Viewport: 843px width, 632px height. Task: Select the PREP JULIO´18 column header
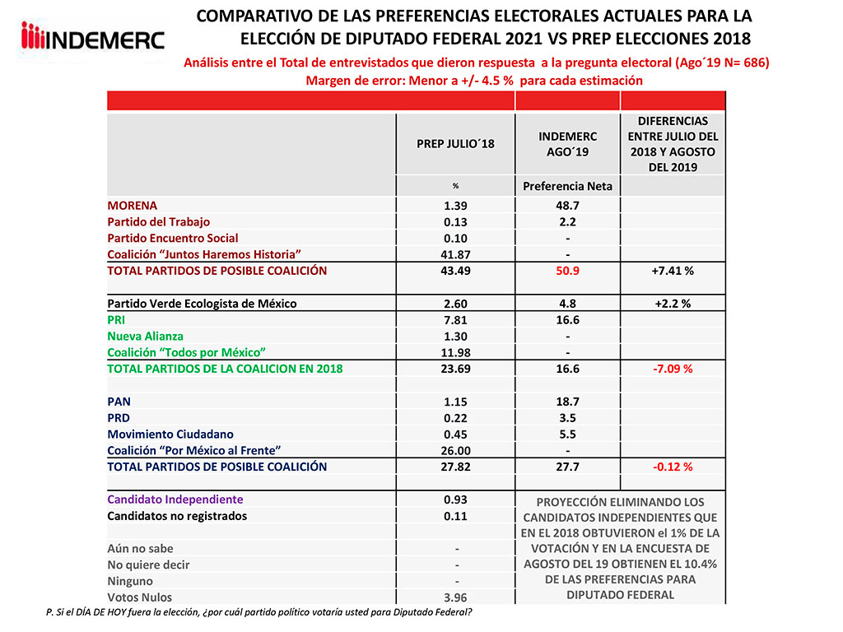[x=455, y=144]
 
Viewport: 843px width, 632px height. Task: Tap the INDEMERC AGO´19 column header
[x=567, y=144]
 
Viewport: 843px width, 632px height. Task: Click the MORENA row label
[x=133, y=205]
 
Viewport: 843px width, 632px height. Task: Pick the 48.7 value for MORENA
[x=567, y=205]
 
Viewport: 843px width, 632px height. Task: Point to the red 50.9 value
[x=567, y=271]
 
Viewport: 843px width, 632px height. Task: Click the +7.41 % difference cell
[x=673, y=271]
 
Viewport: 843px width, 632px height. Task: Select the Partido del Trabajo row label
[x=159, y=221]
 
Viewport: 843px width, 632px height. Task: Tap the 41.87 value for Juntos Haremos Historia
[x=455, y=254]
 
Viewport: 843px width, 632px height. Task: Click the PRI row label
[x=118, y=319]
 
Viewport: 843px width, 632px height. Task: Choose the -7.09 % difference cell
[x=673, y=369]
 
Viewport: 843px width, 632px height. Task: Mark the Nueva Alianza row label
[x=146, y=336]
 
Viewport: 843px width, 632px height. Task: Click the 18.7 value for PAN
[x=567, y=401]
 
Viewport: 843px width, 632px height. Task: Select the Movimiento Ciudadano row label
[x=170, y=434]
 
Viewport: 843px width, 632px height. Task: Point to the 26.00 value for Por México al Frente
[x=455, y=450]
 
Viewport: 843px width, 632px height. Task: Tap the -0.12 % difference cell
[x=673, y=467]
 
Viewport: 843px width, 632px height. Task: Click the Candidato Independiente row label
[x=175, y=500]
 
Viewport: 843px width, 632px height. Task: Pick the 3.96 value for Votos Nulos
[x=455, y=597]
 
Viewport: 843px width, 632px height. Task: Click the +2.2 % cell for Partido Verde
[x=673, y=304]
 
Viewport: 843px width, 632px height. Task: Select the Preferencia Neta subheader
[x=567, y=186]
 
